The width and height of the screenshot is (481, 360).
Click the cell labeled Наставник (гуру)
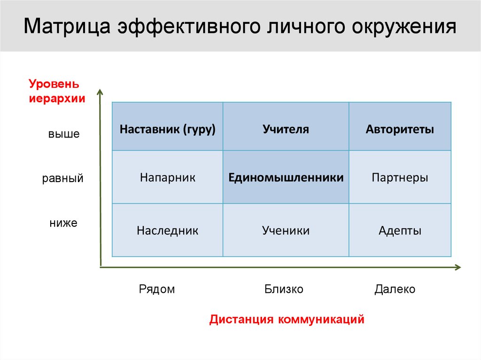point(167,129)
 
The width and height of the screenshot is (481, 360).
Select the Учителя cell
point(286,129)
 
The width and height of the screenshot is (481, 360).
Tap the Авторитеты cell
point(400,129)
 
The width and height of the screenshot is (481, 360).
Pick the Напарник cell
point(167,178)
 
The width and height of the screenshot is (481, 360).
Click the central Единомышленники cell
point(286,178)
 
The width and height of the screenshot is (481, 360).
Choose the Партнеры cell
point(400,178)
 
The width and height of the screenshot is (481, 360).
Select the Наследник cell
point(167,230)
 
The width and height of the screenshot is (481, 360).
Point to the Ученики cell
point(286,230)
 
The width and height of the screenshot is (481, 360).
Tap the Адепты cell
point(400,230)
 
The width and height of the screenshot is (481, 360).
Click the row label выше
point(63,134)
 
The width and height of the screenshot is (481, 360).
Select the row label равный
point(63,179)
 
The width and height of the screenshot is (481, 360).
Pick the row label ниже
point(63,223)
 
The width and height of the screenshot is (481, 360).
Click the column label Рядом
point(156,289)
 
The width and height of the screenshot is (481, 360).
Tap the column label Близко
point(284,289)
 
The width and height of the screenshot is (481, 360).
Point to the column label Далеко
point(395,289)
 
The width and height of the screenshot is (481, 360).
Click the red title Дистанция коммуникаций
point(287,320)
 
